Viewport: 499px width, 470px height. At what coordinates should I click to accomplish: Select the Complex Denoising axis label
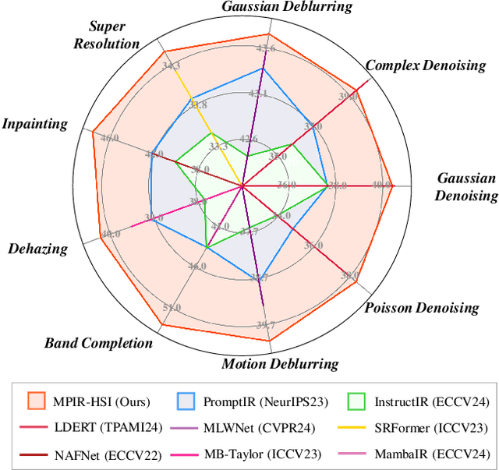(425, 65)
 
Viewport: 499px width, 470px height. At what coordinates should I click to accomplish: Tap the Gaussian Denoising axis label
(465, 187)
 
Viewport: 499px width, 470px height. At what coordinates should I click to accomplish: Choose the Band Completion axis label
(98, 343)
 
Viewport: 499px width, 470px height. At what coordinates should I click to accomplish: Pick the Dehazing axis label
(37, 249)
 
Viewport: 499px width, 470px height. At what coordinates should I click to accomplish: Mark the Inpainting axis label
(34, 124)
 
